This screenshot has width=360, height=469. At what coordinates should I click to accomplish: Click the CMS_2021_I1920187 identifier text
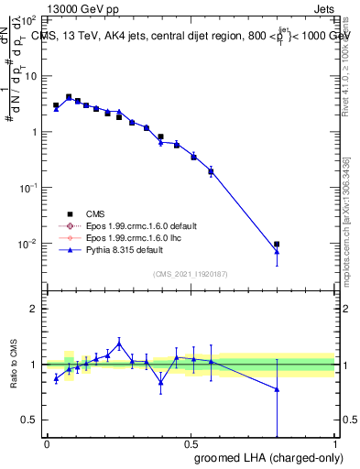click(x=191, y=274)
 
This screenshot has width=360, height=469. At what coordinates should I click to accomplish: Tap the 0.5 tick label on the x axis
click(x=191, y=444)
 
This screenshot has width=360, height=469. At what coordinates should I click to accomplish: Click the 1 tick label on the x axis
click(x=336, y=444)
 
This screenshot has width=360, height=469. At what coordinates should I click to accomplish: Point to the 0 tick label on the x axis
click(x=47, y=444)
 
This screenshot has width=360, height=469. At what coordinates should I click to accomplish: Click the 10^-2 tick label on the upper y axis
click(x=30, y=244)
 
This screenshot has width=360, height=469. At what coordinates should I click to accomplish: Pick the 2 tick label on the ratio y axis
click(x=35, y=309)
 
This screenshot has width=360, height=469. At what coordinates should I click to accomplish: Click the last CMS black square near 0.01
click(x=277, y=245)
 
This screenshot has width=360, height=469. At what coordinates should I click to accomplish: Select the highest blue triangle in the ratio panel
click(x=119, y=344)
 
